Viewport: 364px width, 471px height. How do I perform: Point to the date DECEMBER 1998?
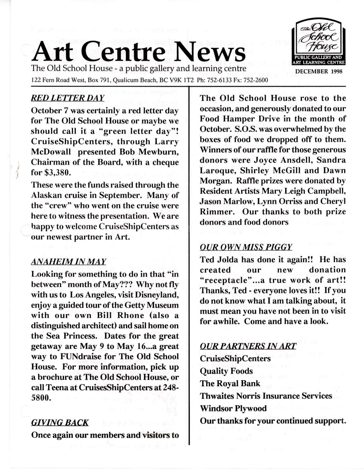point(319,71)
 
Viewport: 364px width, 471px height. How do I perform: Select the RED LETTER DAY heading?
point(67,98)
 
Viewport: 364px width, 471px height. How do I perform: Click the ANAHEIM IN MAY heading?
point(69,261)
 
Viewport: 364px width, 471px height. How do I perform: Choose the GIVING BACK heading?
point(60,422)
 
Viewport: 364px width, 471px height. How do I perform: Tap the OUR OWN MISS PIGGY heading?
point(246,247)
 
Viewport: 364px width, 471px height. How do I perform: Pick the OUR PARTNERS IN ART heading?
point(248,346)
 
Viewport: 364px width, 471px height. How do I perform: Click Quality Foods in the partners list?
point(226,371)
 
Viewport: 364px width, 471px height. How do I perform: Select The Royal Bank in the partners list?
point(230,383)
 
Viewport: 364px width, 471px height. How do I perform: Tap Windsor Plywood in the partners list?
point(233,408)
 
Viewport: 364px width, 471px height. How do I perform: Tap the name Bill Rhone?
point(120,315)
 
